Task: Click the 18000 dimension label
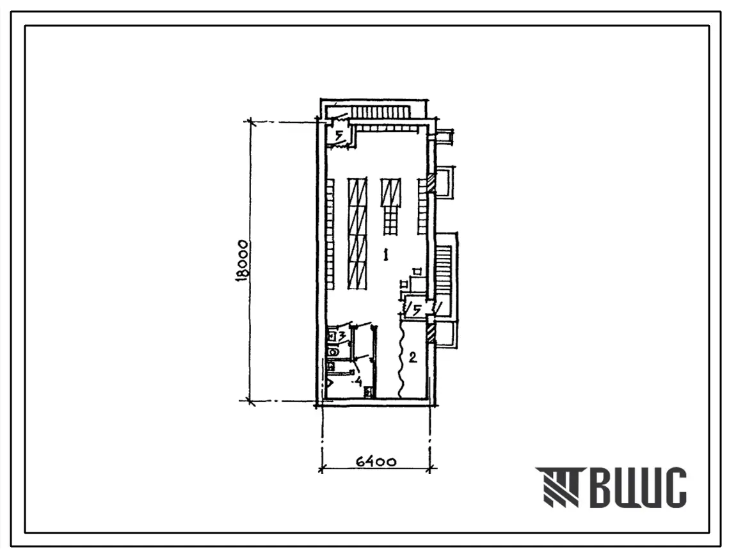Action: pos(242,261)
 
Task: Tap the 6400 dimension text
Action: pos(376,462)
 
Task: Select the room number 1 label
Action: pos(385,255)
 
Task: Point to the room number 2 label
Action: pos(412,357)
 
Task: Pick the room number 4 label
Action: pos(358,382)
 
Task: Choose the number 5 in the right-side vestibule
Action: pos(417,309)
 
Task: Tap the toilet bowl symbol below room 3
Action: pos(332,352)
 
